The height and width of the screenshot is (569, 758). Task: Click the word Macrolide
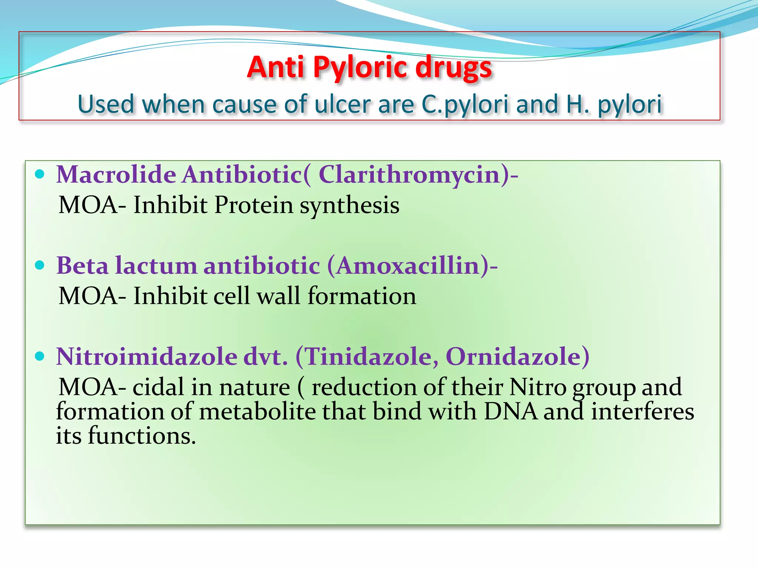[116, 174]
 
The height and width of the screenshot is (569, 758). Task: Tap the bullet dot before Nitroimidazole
[40, 356]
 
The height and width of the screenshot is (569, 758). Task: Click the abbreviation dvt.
[265, 357]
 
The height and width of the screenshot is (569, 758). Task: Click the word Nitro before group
[537, 387]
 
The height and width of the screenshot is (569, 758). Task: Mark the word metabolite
[257, 412]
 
